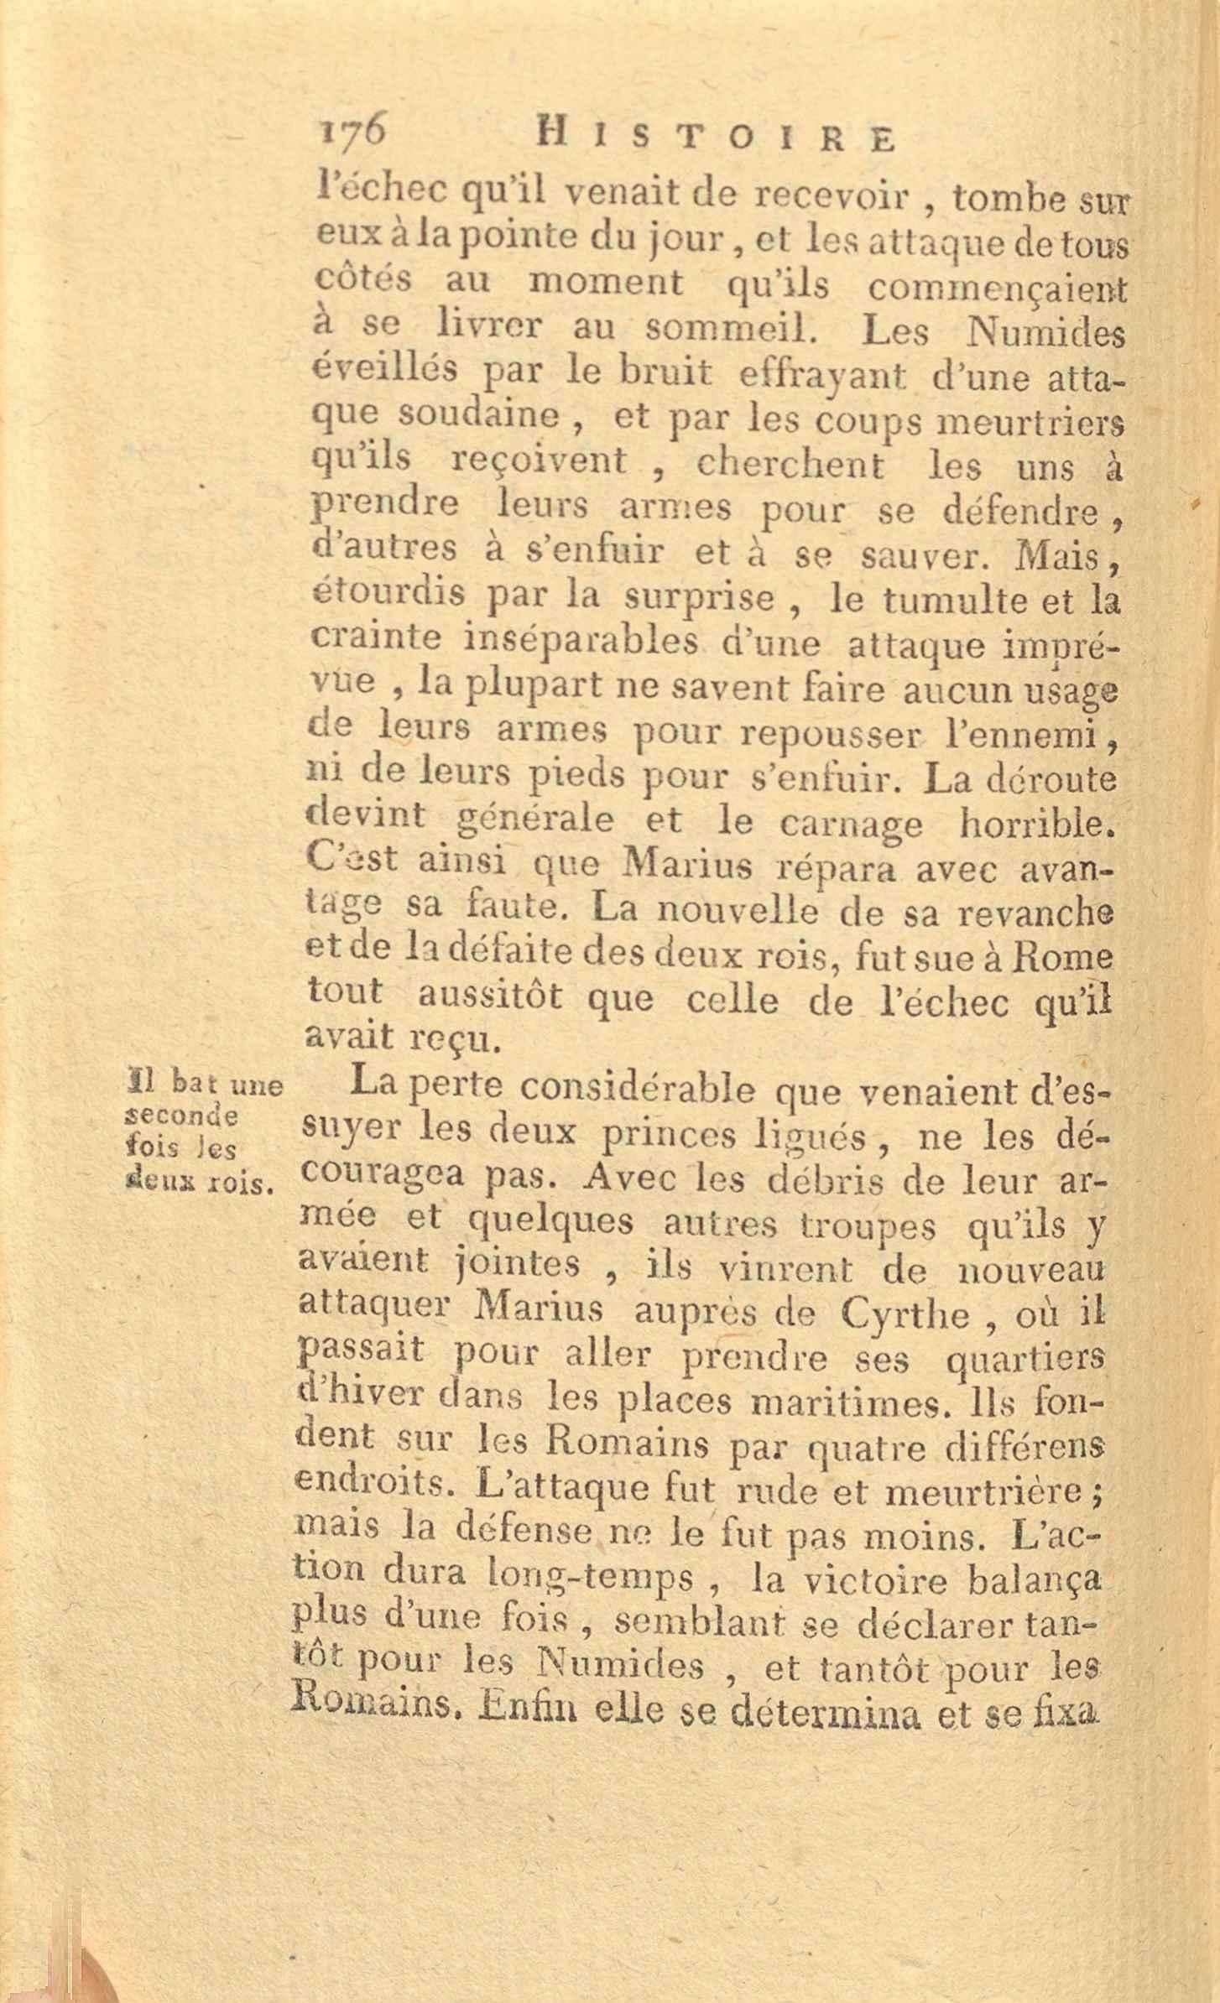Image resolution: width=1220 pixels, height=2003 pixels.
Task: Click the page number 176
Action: click(352, 133)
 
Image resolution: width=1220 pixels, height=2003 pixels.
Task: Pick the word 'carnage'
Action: click(851, 825)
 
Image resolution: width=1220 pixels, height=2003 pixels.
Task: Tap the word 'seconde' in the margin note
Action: click(182, 1116)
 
